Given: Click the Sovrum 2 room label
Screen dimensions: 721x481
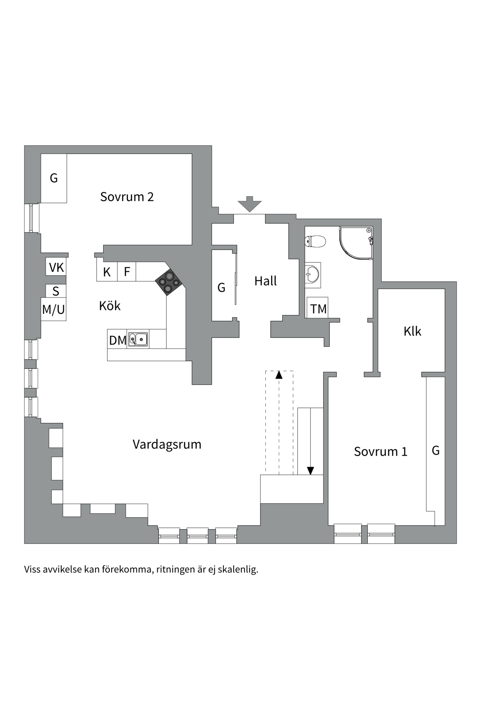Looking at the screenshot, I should [127, 197].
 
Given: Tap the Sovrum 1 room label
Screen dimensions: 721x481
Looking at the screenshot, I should [380, 451].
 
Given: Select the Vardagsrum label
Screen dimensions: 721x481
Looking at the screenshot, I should [167, 444].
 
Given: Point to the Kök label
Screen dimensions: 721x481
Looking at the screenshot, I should [110, 306].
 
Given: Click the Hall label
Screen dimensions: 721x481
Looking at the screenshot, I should [265, 281].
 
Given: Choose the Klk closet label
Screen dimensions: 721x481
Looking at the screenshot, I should [412, 331].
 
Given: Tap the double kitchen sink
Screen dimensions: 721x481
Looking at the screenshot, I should [138, 339].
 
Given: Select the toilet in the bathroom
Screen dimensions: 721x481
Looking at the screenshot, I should [315, 241].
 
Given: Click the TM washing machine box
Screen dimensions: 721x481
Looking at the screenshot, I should [318, 309].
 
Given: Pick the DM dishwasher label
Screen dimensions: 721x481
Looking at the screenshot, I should [117, 340].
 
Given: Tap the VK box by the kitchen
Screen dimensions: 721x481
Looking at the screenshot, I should [56, 267].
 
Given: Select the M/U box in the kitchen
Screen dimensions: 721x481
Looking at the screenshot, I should [53, 310].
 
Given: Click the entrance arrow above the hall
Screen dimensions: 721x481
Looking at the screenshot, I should [249, 204].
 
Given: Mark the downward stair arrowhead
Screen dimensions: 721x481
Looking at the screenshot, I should [310, 471].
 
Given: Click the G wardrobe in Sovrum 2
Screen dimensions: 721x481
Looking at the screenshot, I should [54, 178].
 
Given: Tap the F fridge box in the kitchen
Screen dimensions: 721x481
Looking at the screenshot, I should [127, 272].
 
